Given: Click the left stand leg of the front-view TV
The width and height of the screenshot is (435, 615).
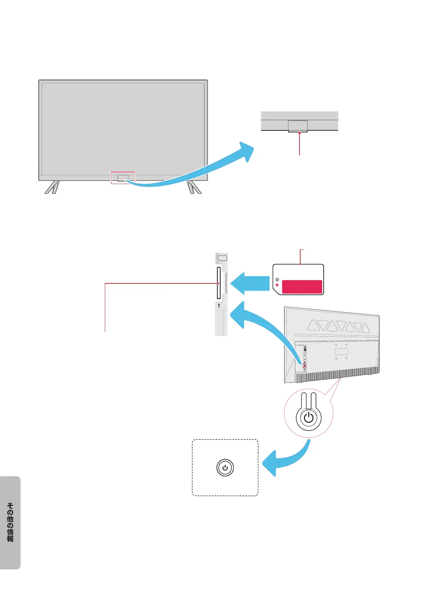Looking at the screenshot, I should [52, 187].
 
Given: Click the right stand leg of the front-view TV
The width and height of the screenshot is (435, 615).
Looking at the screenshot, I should [194, 187].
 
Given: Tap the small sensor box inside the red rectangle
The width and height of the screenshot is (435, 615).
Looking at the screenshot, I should [123, 178].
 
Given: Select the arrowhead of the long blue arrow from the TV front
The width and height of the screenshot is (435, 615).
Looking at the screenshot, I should [246, 151].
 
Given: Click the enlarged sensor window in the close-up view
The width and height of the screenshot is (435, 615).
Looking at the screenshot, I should [298, 126].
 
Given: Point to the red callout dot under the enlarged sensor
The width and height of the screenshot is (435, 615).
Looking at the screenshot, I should [299, 133].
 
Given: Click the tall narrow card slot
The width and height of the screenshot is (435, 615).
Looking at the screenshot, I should [219, 283].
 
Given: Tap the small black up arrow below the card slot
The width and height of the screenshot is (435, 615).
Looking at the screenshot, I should [219, 305].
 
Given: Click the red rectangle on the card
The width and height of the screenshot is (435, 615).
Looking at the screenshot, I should [302, 287].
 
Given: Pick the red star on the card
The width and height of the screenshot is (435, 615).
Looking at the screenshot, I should [277, 285].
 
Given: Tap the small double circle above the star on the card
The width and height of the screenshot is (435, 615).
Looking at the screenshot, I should [277, 280].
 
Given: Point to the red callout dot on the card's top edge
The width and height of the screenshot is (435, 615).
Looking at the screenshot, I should [300, 264].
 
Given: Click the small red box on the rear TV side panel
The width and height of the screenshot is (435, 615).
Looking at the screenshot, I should [304, 365].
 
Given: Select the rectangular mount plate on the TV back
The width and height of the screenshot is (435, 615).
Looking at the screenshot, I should [341, 352].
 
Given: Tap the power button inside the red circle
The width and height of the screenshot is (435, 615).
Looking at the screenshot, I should [309, 417].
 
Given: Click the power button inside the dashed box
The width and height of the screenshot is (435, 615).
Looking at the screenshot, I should [225, 468].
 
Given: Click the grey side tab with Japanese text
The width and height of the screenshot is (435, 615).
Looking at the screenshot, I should [10, 522].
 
